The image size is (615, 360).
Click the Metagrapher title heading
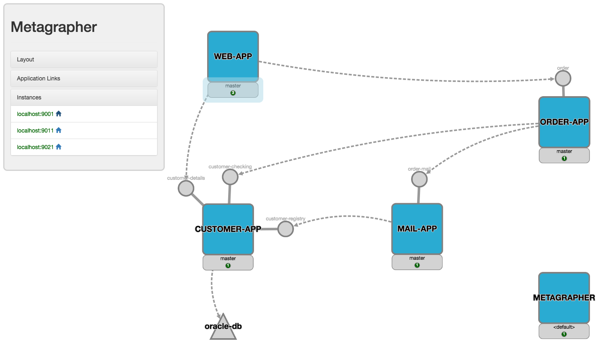54,27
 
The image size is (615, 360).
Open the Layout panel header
84,59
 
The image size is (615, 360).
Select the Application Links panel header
84,78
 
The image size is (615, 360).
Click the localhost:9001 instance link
35,114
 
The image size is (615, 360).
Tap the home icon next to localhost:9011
59,130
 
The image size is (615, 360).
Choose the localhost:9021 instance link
35,147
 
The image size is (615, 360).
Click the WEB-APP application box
233,57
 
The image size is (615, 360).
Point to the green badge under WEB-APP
233,93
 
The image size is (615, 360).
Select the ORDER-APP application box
564,122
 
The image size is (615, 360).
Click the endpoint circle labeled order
563,78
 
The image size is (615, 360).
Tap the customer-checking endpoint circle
230,177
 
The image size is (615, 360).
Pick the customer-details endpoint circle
186,188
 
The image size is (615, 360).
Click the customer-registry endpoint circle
285,229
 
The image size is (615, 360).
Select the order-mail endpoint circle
419,179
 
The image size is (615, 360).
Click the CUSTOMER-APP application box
228,229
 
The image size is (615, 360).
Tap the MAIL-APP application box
417,229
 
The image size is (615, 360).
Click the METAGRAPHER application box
564,298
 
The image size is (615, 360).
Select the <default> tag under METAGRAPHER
564,327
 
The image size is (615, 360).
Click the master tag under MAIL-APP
417,258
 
